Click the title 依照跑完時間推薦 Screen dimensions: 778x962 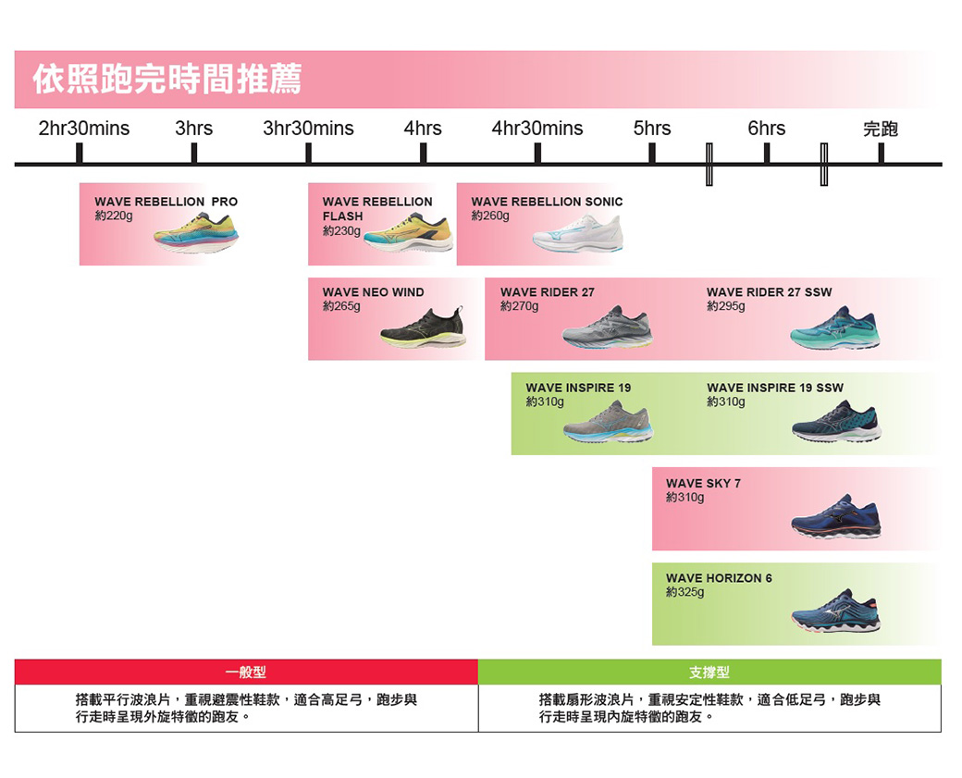[167, 80]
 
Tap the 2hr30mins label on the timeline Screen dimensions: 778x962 [84, 129]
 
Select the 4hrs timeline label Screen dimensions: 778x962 [423, 129]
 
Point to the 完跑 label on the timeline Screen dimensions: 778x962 [880, 129]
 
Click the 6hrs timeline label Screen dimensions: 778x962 [766, 129]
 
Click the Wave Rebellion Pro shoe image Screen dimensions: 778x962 [196, 234]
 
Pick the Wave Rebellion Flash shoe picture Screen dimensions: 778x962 [408, 233]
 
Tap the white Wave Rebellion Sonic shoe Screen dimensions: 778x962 [578, 234]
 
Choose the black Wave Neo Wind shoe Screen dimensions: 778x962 [424, 327]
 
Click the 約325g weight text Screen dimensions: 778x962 [684, 592]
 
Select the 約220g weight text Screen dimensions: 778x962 [114, 216]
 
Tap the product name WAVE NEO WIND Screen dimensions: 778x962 [373, 292]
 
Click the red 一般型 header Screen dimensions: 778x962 [246, 672]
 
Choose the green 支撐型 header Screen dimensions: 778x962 [709, 672]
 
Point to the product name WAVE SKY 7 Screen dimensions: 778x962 [703, 484]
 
